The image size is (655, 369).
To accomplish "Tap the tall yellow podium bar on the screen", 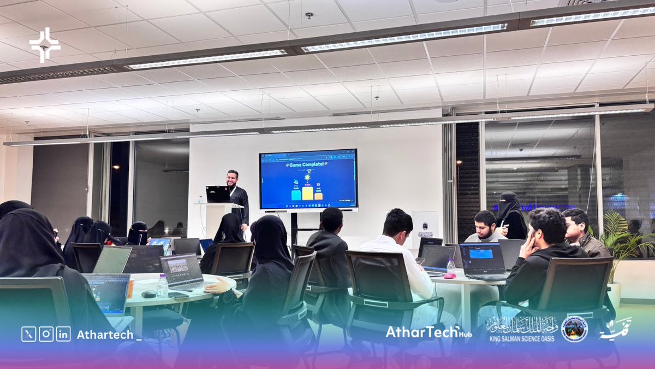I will coord(308,194).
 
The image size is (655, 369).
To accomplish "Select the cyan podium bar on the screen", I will coord(296,195).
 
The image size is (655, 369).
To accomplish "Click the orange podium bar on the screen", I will coord(318,196).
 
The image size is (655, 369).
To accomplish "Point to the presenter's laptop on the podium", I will coord(218,194).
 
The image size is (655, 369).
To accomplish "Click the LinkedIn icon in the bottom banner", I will coord(63,334).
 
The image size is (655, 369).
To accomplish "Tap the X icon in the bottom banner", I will coord(28,334).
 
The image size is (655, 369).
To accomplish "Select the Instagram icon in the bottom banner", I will coord(46,334).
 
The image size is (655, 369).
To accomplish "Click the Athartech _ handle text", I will coord(109,335).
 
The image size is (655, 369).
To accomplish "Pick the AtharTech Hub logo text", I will coord(428,332).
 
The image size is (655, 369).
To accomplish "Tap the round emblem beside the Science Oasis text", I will coord(574,329).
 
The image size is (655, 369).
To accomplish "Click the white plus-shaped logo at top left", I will coord(45,45).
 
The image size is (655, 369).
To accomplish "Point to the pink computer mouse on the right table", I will coord(449,276).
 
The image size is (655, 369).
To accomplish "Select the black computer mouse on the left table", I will coord(148,294).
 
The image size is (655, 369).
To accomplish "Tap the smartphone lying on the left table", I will coord(178,295).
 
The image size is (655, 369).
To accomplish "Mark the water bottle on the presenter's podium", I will coord(200,200).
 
